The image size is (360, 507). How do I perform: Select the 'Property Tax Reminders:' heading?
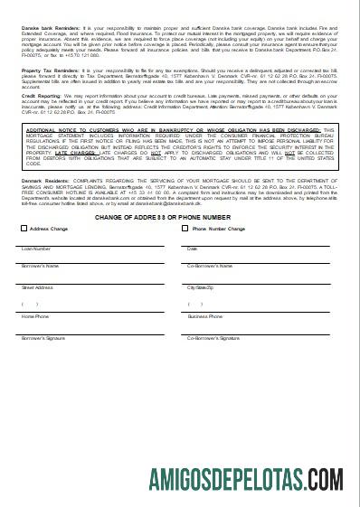pyautogui.click(x=45, y=69)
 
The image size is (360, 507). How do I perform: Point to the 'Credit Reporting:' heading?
pyautogui.click(x=37, y=94)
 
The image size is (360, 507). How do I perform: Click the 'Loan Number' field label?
pyautogui.click(x=36, y=249)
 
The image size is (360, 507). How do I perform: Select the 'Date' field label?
pyautogui.click(x=192, y=249)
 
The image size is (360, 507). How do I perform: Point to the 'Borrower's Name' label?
pyautogui.click(x=41, y=267)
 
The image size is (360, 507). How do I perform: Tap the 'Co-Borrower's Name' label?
pyautogui.click(x=207, y=267)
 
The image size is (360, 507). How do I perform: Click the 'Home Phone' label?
pyautogui.click(x=36, y=317)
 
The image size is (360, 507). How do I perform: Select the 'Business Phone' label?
pyautogui.click(x=204, y=317)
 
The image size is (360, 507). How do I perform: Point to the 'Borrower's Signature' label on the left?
pyautogui.click(x=43, y=337)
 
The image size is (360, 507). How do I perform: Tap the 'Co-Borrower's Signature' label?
pyautogui.click(x=213, y=337)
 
